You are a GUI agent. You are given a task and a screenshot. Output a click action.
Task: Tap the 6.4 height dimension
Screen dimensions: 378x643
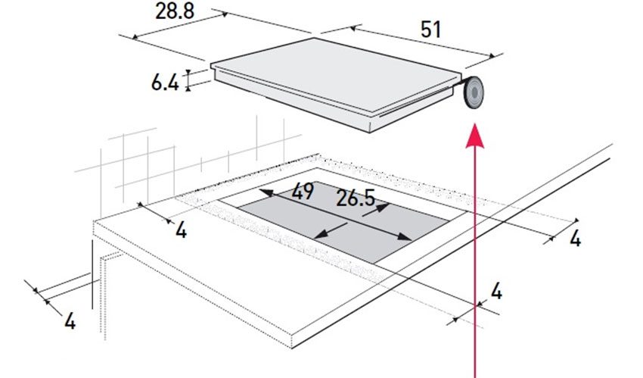coord(164,82)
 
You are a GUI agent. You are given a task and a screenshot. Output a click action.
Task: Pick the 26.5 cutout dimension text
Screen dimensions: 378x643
coord(356,198)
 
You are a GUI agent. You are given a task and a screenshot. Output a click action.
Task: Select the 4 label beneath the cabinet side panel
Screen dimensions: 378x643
coord(70,322)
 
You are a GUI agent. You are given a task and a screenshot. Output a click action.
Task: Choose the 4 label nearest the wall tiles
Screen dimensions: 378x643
coord(180,230)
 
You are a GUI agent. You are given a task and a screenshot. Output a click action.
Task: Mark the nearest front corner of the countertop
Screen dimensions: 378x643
coord(292,348)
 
